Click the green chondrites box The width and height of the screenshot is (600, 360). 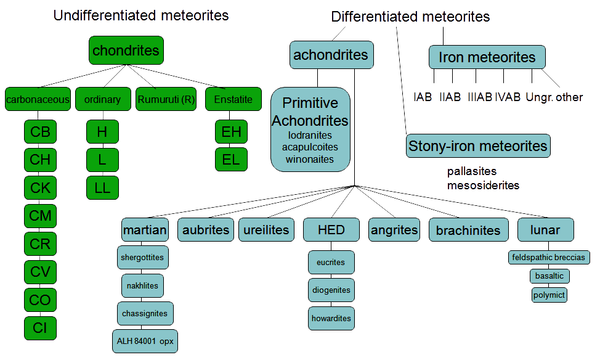coord(126,51)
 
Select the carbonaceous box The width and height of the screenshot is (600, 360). coord(38,99)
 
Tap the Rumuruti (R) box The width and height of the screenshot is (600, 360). coord(166,99)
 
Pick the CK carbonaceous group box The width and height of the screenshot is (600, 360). coord(40,187)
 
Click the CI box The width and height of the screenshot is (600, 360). coord(40,327)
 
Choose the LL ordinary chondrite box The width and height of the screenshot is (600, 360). coord(102,187)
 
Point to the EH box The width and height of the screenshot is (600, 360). coord(231,132)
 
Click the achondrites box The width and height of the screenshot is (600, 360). coord(331,55)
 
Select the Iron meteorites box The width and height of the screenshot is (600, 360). coord(487,57)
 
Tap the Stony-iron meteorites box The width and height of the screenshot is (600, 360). coord(478,146)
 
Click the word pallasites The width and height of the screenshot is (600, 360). coord(472,171)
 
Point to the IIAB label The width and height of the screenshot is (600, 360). coord(450,97)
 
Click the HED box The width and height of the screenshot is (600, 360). coord(331,231)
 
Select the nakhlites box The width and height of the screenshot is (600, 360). coord(142,285)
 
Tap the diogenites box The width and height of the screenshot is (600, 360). coord(331,290)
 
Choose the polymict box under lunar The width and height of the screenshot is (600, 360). coord(549,295)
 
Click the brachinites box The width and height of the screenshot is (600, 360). coord(468,231)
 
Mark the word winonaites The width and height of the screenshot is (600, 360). coord(309,159)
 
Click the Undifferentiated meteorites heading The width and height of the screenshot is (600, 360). coord(141,15)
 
